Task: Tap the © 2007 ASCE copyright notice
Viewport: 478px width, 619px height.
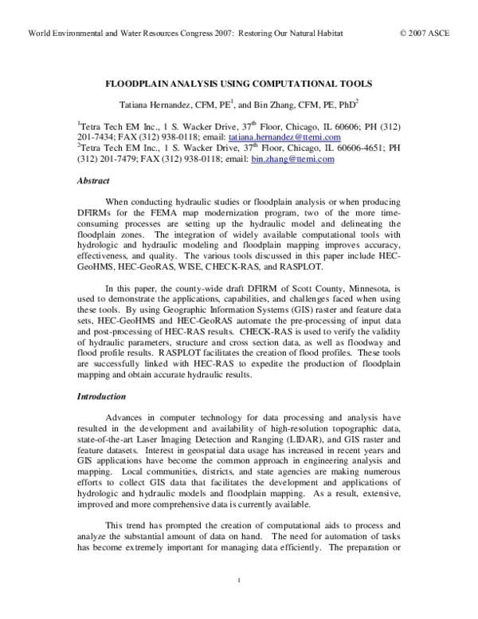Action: tap(429, 35)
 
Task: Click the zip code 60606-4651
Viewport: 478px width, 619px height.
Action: tap(343, 148)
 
